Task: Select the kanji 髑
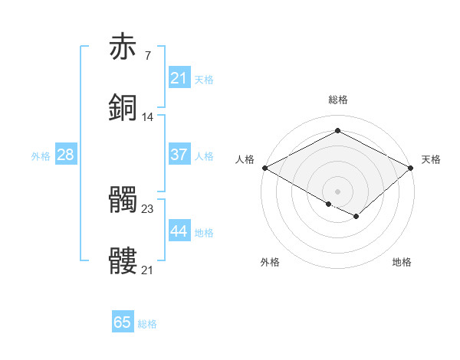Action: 123,200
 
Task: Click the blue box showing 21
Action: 179,78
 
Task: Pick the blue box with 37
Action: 179,155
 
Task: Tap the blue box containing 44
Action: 179,232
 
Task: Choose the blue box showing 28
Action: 66,155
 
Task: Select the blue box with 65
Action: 123,322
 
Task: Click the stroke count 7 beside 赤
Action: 147,55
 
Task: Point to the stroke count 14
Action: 148,117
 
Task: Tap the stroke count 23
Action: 148,209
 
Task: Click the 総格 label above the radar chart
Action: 338,100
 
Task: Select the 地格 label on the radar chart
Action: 402,263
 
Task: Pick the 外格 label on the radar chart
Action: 270,263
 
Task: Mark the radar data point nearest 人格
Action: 264,168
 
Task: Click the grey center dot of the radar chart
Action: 338,191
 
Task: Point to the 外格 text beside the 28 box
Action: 41,155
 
